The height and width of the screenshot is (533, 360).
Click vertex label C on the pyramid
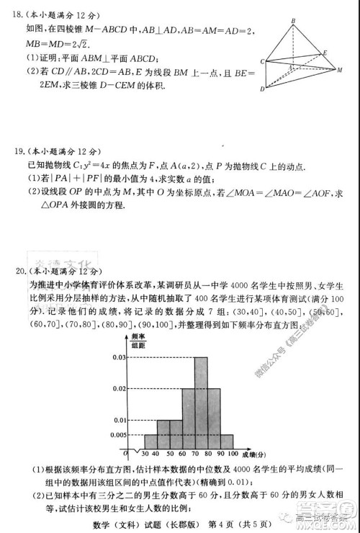263,61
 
